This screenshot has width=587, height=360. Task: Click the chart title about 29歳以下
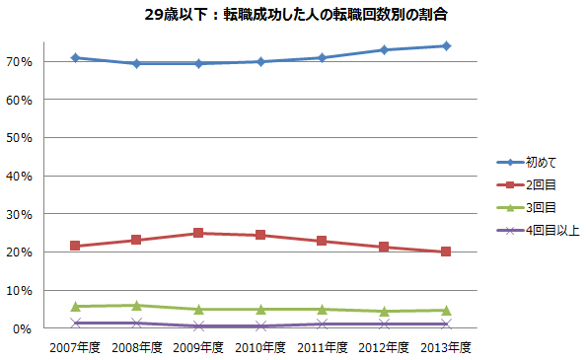pos(292,17)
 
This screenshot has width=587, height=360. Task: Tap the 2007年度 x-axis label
pos(75,346)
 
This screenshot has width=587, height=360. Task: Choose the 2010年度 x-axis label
pos(259,346)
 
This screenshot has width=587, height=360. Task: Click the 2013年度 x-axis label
pos(445,346)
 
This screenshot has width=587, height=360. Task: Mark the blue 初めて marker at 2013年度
pos(446,45)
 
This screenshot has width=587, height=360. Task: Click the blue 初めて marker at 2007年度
pos(75,57)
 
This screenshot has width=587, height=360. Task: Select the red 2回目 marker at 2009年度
pos(198,233)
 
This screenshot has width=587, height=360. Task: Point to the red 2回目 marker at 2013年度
pos(446,252)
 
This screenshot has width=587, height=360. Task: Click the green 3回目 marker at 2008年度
pos(137,305)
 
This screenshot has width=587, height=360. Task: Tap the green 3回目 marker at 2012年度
pos(384,311)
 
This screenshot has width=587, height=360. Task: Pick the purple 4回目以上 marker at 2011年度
pos(323,324)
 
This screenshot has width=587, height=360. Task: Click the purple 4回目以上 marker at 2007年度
pos(75,323)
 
